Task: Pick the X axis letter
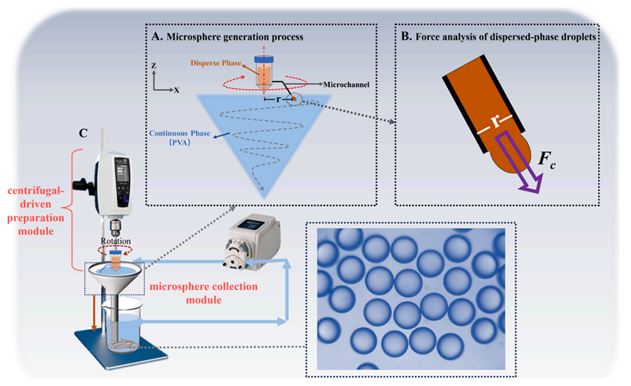pos(176,89)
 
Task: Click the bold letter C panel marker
pos(83,132)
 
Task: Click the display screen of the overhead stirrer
pos(124,174)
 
